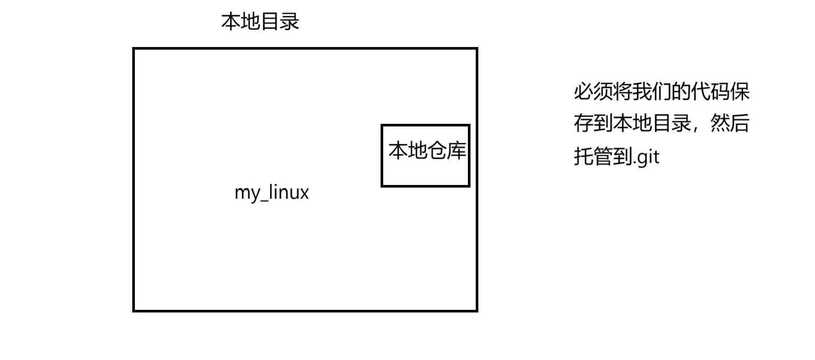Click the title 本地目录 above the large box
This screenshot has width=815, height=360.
260,22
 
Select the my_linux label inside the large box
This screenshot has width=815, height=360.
271,192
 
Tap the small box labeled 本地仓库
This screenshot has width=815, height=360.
426,156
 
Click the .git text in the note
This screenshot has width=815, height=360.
646,156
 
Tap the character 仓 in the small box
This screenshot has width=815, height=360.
437,150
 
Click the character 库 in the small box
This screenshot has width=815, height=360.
456,150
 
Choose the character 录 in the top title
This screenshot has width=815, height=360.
289,22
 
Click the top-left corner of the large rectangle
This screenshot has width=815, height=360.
134,49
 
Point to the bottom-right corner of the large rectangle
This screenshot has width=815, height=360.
477,311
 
